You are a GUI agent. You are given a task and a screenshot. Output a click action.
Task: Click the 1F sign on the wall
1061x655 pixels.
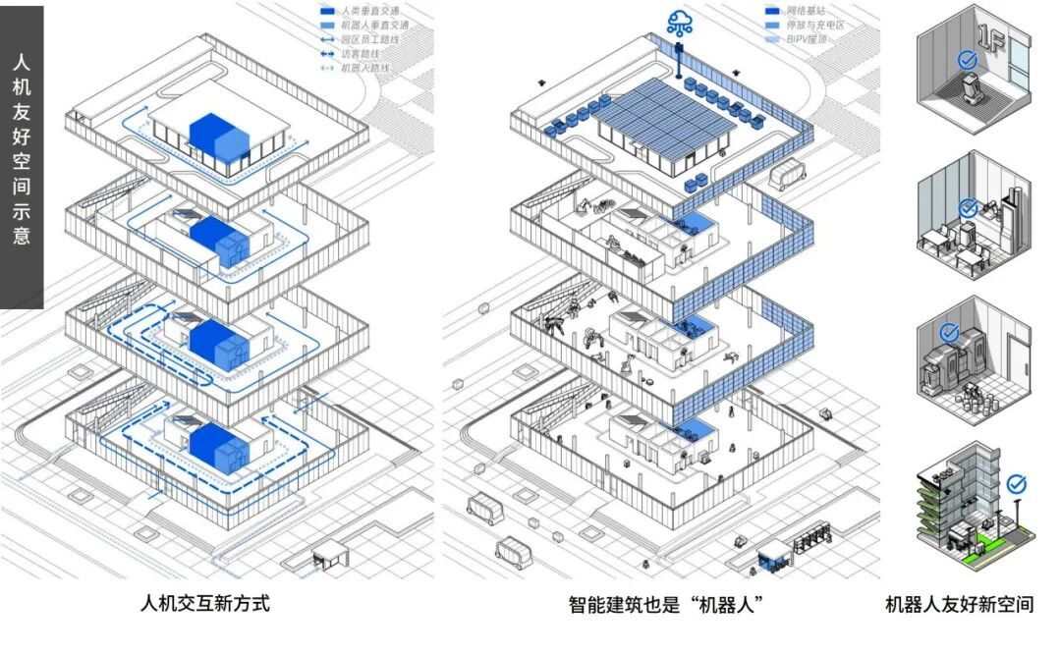[1001, 48]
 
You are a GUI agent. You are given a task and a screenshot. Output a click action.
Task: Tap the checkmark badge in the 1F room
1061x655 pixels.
[969, 60]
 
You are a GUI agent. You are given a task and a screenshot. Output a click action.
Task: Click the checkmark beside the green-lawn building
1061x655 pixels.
[1016, 483]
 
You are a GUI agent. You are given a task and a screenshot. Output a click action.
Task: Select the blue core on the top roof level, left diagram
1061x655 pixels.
[216, 136]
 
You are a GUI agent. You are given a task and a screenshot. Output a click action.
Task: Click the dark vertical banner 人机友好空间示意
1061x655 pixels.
[22, 157]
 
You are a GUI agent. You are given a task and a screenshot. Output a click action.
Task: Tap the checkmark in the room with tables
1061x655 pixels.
[968, 207]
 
